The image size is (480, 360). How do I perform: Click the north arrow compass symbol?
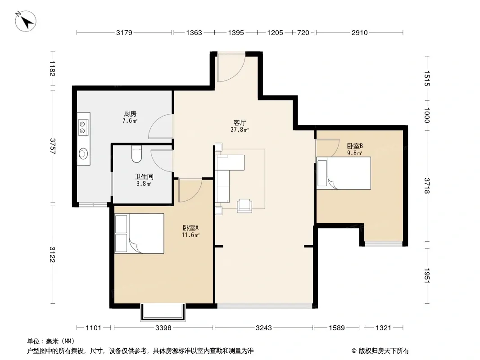point(26,21)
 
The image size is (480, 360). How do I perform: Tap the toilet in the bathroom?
point(136,154)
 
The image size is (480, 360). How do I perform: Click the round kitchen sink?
point(83,153)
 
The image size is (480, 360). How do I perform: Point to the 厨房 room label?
point(130,114)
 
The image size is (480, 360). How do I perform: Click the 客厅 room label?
point(240,123)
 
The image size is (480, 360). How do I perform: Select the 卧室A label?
point(191,228)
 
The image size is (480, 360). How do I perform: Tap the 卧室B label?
point(355,146)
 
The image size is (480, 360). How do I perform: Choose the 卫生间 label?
point(144,176)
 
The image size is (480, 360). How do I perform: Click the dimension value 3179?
point(124,32)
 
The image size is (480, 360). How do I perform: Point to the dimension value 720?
point(303,32)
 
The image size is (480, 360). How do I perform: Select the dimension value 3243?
point(263,328)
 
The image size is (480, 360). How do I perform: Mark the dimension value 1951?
point(427,275)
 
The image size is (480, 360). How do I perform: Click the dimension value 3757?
point(53,146)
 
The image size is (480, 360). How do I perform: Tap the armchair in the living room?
point(245,206)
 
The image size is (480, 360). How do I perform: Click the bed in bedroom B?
point(344,173)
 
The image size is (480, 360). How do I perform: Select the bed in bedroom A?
point(139,234)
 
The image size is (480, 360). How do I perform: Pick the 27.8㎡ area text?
point(240,130)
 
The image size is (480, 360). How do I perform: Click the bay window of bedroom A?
point(163,312)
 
